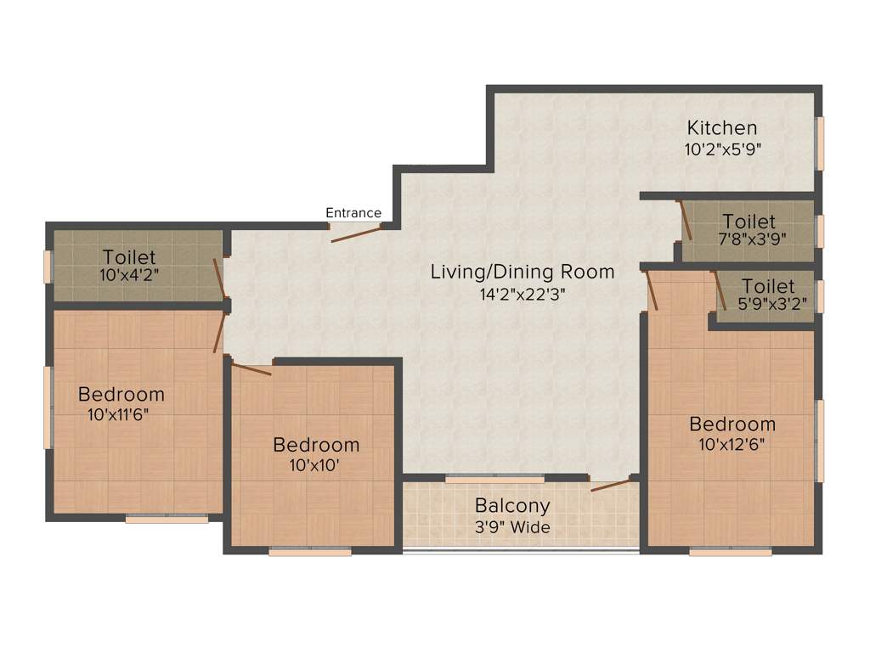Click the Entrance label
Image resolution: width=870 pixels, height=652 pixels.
pos(353,213)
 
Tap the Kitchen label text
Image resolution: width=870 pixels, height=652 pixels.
pos(721,128)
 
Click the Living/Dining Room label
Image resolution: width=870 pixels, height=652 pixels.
pos(522,273)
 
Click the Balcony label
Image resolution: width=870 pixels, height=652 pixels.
pos(512,506)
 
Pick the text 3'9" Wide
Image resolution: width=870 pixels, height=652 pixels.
pos(512,527)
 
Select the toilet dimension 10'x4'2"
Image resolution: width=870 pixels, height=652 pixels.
pos(129,275)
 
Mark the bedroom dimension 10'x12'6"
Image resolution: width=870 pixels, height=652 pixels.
pos(732,444)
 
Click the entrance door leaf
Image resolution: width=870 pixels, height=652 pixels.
pos(356,233)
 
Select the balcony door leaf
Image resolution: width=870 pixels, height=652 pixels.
pos(610,485)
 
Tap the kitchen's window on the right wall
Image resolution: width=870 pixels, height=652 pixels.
pos(820,142)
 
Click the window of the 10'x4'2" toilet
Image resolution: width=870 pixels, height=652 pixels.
pos(48,266)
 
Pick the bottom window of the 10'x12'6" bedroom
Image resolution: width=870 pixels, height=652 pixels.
pos(730,552)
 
